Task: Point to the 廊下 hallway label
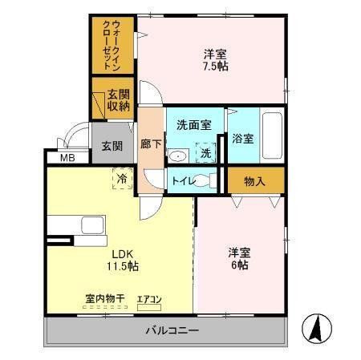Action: (x=150, y=144)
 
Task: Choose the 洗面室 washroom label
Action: (x=193, y=124)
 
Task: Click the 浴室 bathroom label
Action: (x=243, y=138)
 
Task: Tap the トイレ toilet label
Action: (x=180, y=181)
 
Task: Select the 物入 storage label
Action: (x=254, y=181)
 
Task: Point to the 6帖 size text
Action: (x=237, y=265)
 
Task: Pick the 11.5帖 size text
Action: (x=123, y=265)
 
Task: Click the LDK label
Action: (x=122, y=252)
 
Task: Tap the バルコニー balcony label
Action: (x=172, y=330)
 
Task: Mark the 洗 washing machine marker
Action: (x=206, y=152)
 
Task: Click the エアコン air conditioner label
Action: (x=149, y=299)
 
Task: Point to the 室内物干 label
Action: (x=104, y=299)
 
